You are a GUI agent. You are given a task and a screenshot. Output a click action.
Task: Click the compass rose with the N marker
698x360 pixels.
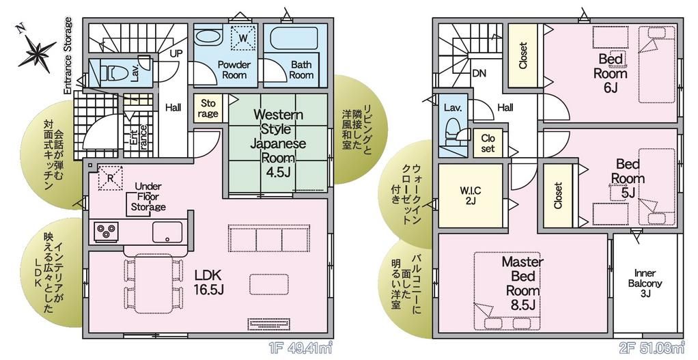click(x=34, y=51)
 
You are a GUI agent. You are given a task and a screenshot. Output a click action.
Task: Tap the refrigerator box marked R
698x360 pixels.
click(x=109, y=176)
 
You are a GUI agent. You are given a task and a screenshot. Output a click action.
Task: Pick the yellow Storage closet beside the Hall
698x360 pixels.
click(x=208, y=109)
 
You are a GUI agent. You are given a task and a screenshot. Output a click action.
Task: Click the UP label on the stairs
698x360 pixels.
click(x=176, y=53)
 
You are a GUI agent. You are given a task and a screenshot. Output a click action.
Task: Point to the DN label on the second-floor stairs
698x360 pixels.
click(x=479, y=73)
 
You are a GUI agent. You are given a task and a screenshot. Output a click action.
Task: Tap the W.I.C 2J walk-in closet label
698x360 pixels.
click(x=470, y=195)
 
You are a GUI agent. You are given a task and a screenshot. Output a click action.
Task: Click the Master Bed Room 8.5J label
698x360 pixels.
click(x=522, y=282)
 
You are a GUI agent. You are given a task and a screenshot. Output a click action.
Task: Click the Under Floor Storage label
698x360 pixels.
click(x=148, y=197)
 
